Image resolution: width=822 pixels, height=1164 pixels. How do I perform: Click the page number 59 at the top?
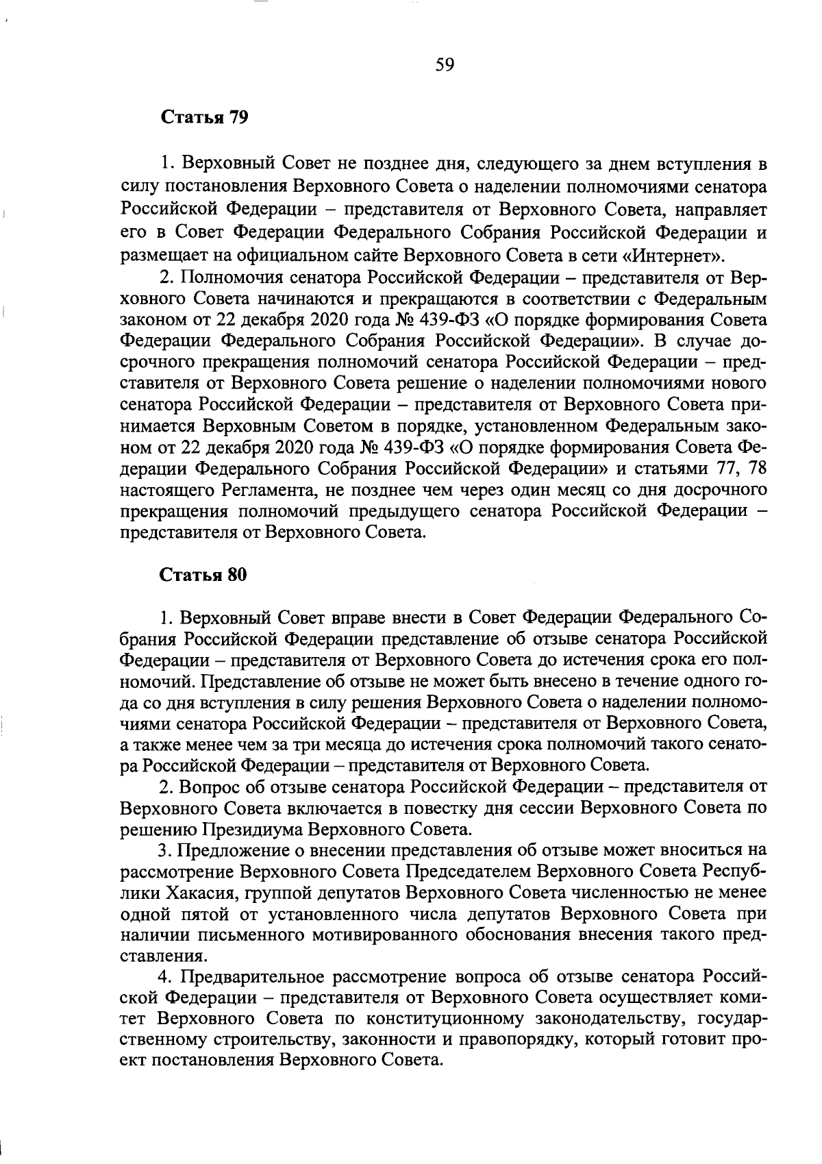coord(445,65)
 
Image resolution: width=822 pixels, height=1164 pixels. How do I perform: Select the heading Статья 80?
coord(203,575)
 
